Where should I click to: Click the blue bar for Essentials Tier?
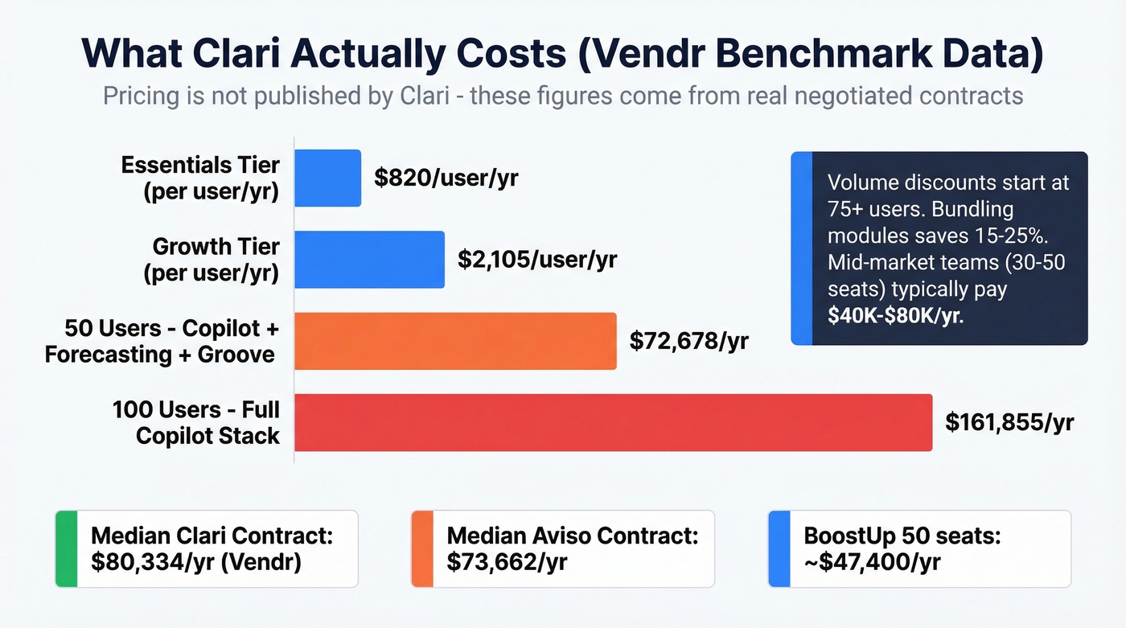327,178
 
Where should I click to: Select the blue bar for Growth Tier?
369,259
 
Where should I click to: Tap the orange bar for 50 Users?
455,341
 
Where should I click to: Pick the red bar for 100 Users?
613,422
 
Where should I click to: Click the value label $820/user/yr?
446,178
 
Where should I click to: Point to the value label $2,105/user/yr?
537,259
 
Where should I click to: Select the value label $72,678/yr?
688,341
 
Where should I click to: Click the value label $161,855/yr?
1009,422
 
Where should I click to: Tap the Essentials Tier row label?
200,179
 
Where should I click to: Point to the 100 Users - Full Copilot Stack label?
196,423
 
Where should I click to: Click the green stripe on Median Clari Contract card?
66,548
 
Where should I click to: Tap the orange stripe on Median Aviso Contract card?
422,548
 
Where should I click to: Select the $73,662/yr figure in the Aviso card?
507,561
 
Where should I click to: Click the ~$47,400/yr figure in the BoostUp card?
872,561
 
